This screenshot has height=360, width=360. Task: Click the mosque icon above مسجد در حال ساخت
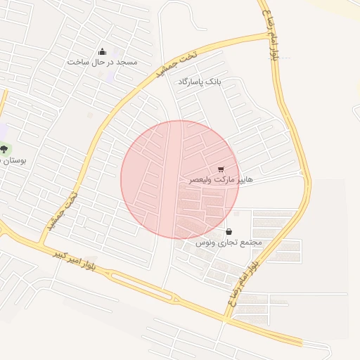(x=103, y=51)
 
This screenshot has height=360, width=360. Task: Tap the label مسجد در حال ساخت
(x=102, y=62)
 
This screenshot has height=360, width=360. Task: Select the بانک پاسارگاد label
(x=199, y=82)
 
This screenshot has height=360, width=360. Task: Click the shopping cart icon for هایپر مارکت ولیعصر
(x=221, y=169)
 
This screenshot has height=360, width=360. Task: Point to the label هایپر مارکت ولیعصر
(x=220, y=180)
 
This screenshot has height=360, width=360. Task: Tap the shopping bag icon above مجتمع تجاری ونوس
(x=229, y=231)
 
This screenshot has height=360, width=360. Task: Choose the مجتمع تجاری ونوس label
(x=229, y=243)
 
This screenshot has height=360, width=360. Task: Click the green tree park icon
(x=6, y=149)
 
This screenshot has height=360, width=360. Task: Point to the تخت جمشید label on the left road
(x=62, y=212)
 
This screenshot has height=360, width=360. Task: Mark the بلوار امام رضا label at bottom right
(x=243, y=284)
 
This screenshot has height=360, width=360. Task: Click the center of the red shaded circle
(x=179, y=179)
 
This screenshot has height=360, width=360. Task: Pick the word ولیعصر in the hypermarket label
(x=202, y=180)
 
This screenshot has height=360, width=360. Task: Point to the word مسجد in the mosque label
(x=127, y=62)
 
